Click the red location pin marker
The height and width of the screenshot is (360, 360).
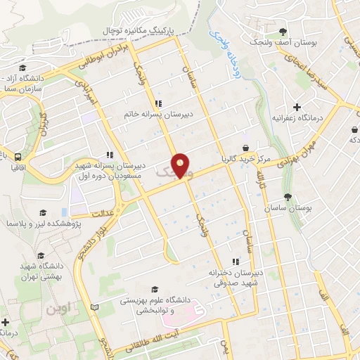[181, 165]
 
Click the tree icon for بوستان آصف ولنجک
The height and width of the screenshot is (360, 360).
[283, 32]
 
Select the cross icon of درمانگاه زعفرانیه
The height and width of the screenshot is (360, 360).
[297, 107]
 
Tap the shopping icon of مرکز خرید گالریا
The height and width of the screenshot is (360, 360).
[245, 148]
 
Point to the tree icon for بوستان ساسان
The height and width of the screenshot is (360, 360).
[287, 197]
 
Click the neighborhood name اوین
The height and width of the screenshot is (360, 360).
[60, 308]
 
